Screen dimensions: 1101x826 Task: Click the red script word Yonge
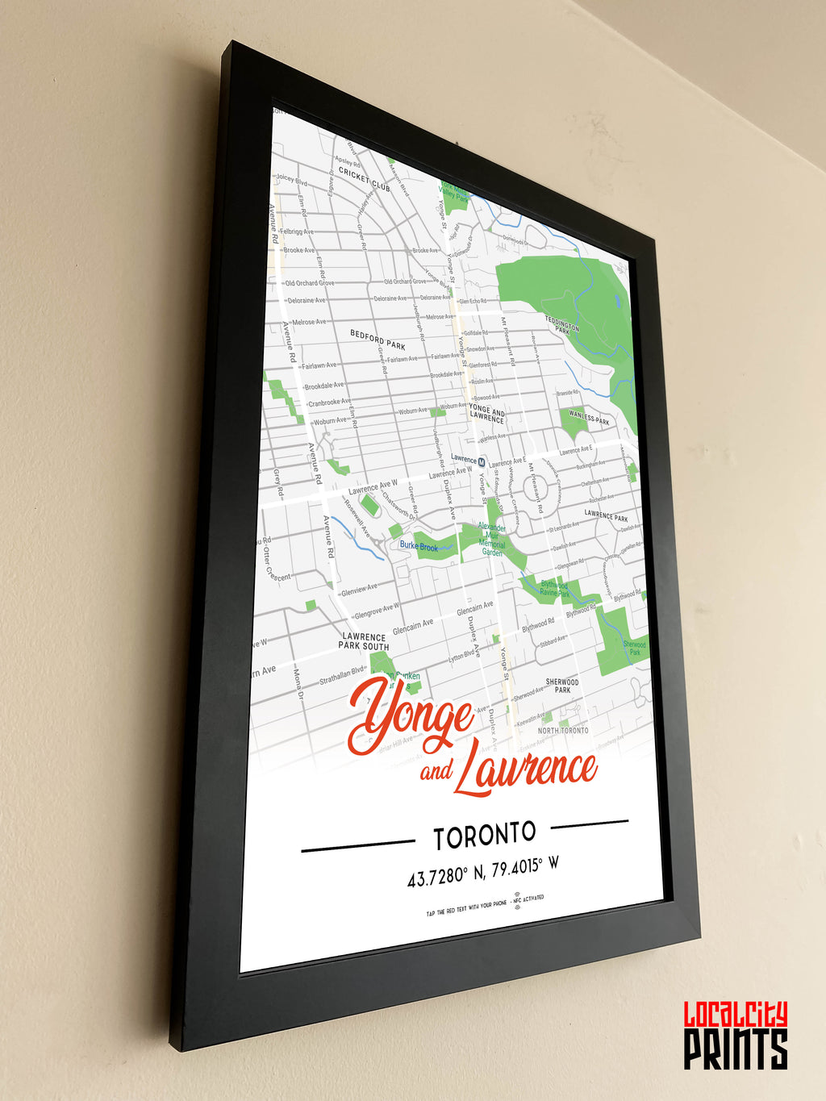point(411,715)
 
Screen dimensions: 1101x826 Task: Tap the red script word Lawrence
point(525,771)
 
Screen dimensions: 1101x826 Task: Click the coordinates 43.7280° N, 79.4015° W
point(482,871)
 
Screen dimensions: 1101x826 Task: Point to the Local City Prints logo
point(736,1036)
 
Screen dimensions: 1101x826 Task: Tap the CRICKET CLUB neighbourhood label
point(364,179)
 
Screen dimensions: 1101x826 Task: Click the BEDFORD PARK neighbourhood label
point(378,340)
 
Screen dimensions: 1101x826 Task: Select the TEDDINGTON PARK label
point(562,325)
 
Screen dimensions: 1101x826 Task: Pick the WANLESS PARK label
point(590,418)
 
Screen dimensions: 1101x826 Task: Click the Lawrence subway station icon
point(482,462)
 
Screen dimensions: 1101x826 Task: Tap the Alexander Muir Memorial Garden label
point(492,539)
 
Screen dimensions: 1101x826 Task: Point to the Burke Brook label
point(419,546)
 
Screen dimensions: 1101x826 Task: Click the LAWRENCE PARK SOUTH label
point(364,641)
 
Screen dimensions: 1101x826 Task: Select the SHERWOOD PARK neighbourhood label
point(562,686)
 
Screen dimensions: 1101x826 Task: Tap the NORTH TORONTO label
point(563,730)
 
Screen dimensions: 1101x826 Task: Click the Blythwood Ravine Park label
point(554,588)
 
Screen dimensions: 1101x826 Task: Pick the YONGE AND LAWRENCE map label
point(486,414)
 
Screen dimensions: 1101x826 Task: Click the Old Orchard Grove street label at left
point(309,283)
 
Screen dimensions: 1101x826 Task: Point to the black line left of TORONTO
point(357,845)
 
